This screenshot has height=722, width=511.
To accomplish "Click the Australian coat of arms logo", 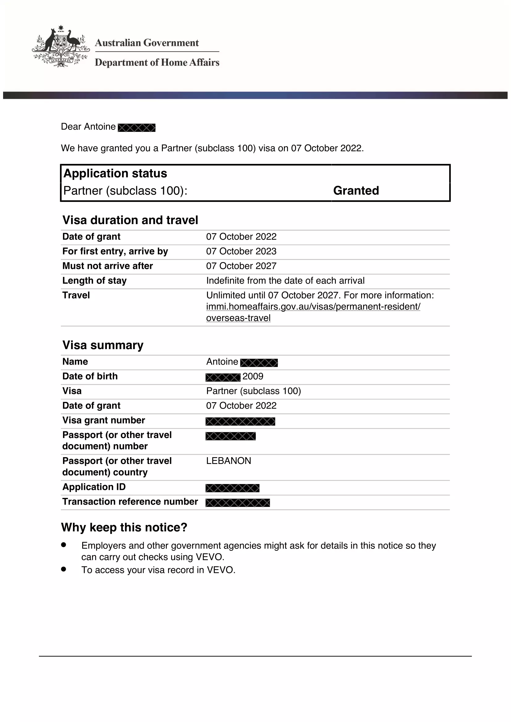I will pyautogui.click(x=61, y=47).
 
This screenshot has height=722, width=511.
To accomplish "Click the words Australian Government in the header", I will pyautogui.click(x=147, y=43).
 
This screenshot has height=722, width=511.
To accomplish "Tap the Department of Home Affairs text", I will pyautogui.click(x=157, y=62).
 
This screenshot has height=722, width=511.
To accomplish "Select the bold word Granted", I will pyautogui.click(x=356, y=190).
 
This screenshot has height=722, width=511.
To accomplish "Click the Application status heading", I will pyautogui.click(x=115, y=173).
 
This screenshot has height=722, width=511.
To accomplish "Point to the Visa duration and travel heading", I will pyautogui.click(x=130, y=220).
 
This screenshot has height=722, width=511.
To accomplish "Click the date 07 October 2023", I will pyautogui.click(x=241, y=251).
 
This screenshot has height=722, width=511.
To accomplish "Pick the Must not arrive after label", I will pyautogui.click(x=108, y=266).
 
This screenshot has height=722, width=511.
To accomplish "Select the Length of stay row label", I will pyautogui.click(x=95, y=281).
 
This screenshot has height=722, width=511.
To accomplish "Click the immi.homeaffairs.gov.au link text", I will pyautogui.click(x=313, y=307).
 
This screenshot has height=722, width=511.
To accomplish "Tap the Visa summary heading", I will pyautogui.click(x=103, y=345).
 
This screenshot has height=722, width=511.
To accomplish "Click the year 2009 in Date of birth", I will pyautogui.click(x=253, y=376).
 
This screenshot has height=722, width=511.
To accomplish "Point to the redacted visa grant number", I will pyautogui.click(x=240, y=421).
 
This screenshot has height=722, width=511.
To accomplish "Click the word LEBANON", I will pyautogui.click(x=228, y=461).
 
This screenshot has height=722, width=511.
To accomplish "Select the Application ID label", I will pyautogui.click(x=94, y=487).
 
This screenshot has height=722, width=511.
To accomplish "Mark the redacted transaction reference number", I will pyautogui.click(x=238, y=503).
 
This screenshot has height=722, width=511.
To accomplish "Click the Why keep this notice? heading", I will pyautogui.click(x=124, y=528).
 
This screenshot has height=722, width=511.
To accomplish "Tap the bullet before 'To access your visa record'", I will pyautogui.click(x=64, y=569).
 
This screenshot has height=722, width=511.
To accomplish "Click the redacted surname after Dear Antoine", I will pyautogui.click(x=137, y=128).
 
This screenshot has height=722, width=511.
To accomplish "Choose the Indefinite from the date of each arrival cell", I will pyautogui.click(x=285, y=281).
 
